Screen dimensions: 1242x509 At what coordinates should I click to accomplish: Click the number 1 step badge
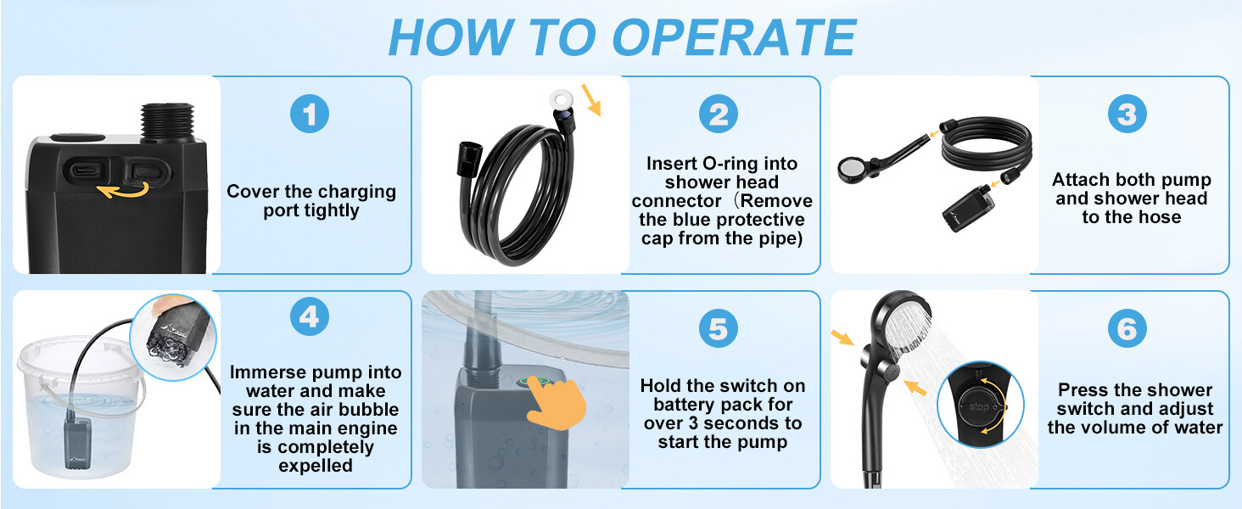(x=310, y=114)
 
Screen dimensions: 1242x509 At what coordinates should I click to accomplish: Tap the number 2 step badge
(x=718, y=114)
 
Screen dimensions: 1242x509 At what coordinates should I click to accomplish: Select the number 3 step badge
(x=1127, y=114)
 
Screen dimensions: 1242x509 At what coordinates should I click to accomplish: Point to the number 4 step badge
(x=310, y=316)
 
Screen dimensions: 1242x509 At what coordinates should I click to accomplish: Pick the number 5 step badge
(x=718, y=328)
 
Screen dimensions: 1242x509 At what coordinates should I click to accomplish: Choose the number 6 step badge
(x=1127, y=328)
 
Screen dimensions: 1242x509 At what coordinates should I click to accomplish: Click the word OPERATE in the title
(x=733, y=37)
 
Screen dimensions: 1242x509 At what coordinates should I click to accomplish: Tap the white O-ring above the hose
(x=561, y=100)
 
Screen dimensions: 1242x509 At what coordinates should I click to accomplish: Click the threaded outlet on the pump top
(x=167, y=122)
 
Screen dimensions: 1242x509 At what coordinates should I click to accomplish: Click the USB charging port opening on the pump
(x=89, y=169)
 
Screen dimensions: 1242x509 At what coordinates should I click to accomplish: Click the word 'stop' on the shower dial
(x=979, y=406)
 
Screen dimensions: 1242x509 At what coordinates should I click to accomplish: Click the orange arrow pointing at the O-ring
(x=591, y=100)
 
